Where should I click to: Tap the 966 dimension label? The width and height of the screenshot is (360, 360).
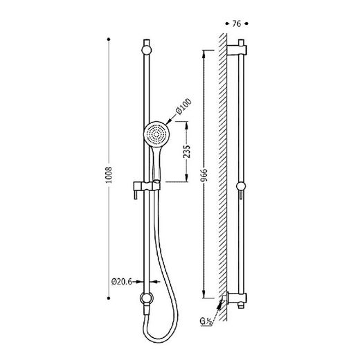pyautogui.click(x=204, y=175)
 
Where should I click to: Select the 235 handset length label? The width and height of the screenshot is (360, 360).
pyautogui.click(x=187, y=152)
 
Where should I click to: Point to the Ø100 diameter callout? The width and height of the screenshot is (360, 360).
pyautogui.click(x=183, y=106)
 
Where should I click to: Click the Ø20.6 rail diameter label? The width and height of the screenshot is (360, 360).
pyautogui.click(x=122, y=282)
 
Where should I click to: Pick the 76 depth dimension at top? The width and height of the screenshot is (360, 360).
pyautogui.click(x=237, y=24)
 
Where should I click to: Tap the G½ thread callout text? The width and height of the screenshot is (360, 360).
pyautogui.click(x=206, y=321)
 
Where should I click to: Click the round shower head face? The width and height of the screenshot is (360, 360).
pyautogui.click(x=156, y=134)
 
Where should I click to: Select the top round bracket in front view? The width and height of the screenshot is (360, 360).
pyautogui.click(x=147, y=51)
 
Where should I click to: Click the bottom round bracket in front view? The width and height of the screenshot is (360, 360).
pyautogui.click(x=147, y=298)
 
